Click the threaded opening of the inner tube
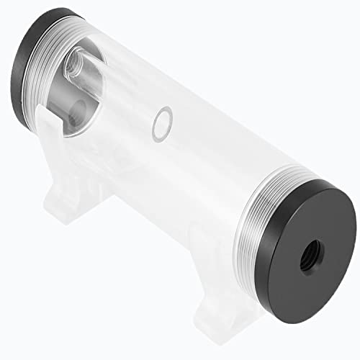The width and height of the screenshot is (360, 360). [x=73, y=68]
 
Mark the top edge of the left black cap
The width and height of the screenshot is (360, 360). [x=43, y=18]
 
